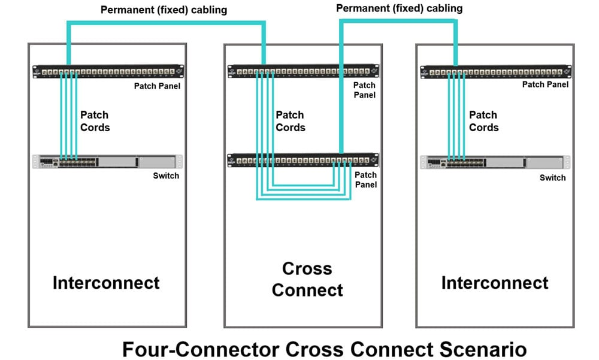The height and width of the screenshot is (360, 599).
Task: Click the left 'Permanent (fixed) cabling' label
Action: click(x=164, y=10)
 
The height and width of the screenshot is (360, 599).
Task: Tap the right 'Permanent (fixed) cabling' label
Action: click(x=399, y=8)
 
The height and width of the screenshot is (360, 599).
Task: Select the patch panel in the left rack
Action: click(x=108, y=71)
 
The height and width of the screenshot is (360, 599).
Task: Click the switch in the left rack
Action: click(x=107, y=162)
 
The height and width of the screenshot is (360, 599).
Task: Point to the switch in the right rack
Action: click(x=495, y=162)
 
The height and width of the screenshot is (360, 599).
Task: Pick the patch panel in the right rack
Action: click(x=496, y=72)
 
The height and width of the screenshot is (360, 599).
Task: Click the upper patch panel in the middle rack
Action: click(x=303, y=71)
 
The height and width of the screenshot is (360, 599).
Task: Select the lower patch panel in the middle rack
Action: click(x=303, y=160)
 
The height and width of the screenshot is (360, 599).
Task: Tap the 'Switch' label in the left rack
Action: click(x=166, y=176)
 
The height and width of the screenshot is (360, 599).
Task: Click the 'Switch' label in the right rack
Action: click(x=553, y=178)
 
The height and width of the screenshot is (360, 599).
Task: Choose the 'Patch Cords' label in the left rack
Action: click(x=95, y=121)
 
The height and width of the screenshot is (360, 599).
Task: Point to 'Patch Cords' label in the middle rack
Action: click(x=291, y=121)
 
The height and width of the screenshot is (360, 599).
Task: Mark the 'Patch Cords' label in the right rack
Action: click(x=483, y=121)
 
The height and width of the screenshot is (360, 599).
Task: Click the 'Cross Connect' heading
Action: click(x=307, y=279)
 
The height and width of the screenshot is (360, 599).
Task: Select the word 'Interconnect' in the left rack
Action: click(x=106, y=283)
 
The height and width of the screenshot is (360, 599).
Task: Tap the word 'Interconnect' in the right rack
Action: click(x=495, y=283)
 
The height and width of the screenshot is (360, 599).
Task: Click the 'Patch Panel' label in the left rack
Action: click(x=157, y=86)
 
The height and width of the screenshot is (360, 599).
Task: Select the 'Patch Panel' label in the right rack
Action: click(x=546, y=84)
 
